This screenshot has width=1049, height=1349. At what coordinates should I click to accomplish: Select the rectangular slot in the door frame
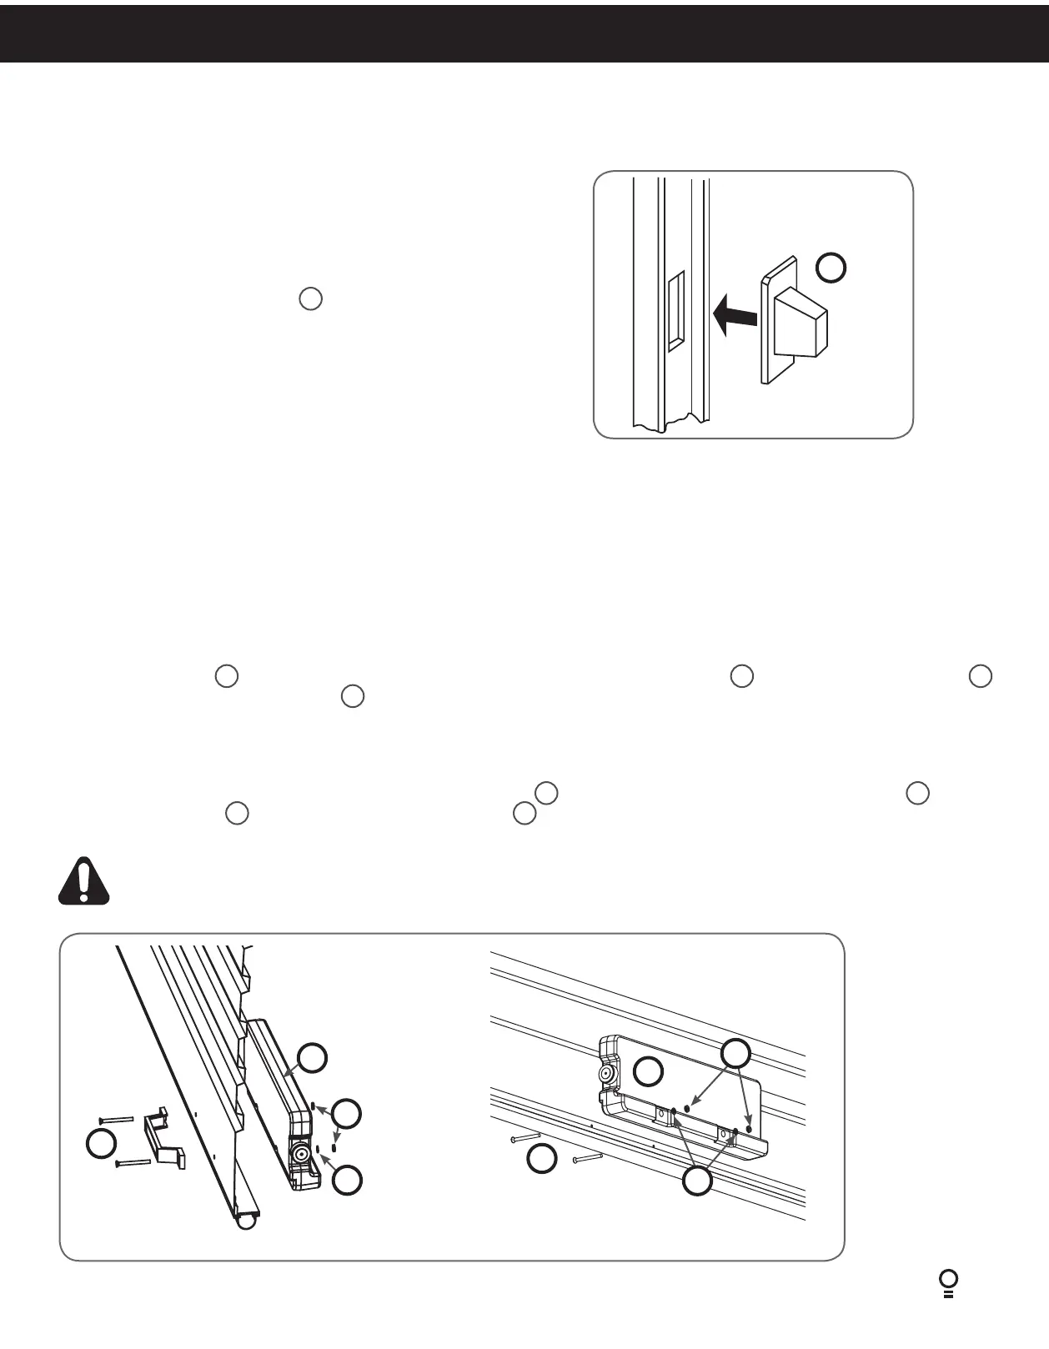675,308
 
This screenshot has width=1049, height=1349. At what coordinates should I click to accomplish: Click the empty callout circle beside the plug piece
831,268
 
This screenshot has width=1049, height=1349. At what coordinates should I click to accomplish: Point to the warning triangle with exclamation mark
83,880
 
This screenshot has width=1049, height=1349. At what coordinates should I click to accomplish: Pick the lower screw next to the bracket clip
133,1161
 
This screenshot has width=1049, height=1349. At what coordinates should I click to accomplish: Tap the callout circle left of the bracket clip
102,1145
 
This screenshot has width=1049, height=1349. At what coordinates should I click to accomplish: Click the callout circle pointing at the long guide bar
313,1057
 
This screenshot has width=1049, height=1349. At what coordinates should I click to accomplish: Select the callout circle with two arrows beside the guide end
347,1112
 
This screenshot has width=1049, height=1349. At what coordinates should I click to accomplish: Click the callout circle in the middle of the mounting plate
648,1071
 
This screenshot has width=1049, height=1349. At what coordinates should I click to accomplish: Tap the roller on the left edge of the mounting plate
606,1076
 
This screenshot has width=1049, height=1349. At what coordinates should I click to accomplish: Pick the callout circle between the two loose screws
543,1159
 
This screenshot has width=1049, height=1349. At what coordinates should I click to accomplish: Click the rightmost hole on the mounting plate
749,1129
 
